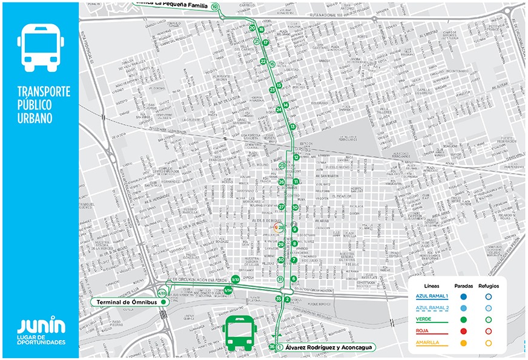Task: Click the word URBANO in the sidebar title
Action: pos(35,117)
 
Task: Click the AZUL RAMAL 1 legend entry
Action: pos(431,296)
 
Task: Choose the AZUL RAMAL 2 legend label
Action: pos(431,307)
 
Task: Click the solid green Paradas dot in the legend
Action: pos(463,319)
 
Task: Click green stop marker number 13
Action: pos(292,126)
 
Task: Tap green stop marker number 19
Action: pos(215,6)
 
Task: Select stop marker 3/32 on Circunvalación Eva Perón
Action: pos(235,279)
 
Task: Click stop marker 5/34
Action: pos(228,290)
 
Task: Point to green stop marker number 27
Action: pos(282,206)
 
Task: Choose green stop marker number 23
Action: pos(272,90)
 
